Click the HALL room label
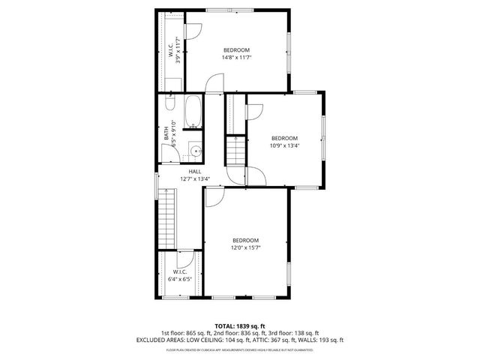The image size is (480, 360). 195,172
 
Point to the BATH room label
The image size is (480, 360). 166,134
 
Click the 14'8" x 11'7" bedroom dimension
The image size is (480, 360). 236,57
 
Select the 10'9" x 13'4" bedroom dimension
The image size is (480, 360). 285,145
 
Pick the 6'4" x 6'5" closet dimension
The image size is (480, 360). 180,279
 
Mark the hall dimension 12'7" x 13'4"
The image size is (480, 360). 195,179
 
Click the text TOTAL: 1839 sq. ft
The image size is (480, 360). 239,325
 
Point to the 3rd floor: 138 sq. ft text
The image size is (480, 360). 295,332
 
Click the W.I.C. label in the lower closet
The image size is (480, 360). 180,271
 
